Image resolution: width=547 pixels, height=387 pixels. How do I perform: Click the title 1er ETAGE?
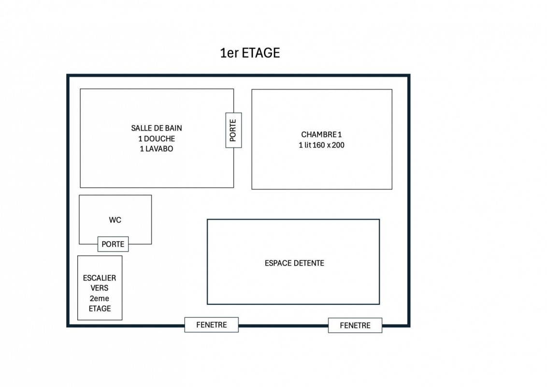pos(250,53)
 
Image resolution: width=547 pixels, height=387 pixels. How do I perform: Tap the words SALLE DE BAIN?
pos(157,128)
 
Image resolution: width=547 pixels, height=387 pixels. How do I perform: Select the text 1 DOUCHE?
pos(157,139)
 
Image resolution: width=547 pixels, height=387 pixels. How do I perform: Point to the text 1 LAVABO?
pos(157,149)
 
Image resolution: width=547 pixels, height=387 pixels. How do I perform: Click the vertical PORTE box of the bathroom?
pos(233,130)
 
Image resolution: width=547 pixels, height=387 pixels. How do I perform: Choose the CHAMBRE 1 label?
pos(321,134)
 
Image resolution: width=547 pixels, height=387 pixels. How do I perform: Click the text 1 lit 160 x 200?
pos(321,145)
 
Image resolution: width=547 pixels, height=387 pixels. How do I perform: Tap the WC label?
pos(115,220)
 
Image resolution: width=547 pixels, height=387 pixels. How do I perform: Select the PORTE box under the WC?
pos(113,244)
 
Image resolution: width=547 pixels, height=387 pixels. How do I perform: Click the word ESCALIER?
pos(100,278)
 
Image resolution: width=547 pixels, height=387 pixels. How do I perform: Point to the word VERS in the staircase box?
pos(100,288)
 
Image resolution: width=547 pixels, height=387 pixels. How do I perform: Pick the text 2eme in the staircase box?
pos(100,298)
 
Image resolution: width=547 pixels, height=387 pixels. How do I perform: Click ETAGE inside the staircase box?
pos(100,309)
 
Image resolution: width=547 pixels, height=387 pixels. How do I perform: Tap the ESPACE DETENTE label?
pos(294,263)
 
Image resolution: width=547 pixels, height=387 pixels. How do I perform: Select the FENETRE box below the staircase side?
pos(211,325)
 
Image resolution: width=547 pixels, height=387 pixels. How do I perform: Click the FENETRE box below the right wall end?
pos(355,326)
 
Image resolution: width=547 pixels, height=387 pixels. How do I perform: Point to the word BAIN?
pos(173,128)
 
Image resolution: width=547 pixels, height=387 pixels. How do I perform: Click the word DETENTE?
pos(308,263)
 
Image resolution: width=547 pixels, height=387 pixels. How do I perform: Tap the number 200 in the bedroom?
pos(338,145)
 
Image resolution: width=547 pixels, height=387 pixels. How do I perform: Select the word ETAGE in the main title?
pos(261,53)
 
